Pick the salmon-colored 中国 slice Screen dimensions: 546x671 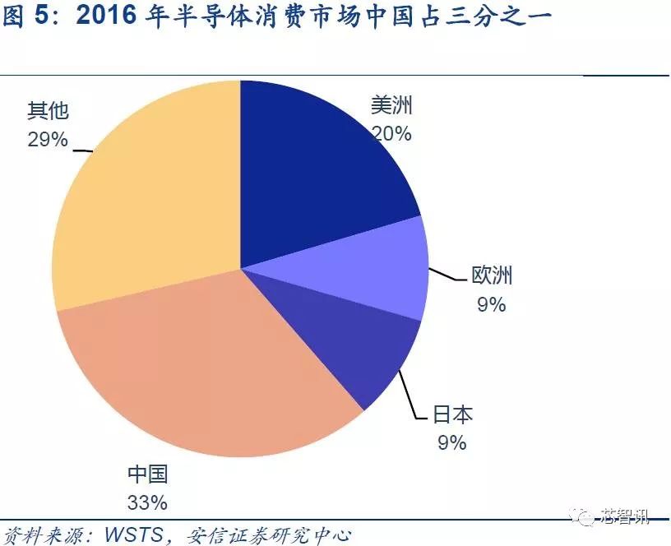214,370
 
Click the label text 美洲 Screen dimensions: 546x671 391,107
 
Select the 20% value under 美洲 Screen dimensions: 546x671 391,133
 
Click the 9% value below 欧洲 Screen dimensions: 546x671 491,304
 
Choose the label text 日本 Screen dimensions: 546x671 453,414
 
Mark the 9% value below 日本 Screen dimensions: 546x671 451,442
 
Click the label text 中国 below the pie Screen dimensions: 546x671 148,474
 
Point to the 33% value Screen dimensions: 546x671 148,501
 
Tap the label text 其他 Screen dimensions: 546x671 48,110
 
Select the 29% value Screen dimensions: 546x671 48,139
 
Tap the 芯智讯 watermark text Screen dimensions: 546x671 625,517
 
